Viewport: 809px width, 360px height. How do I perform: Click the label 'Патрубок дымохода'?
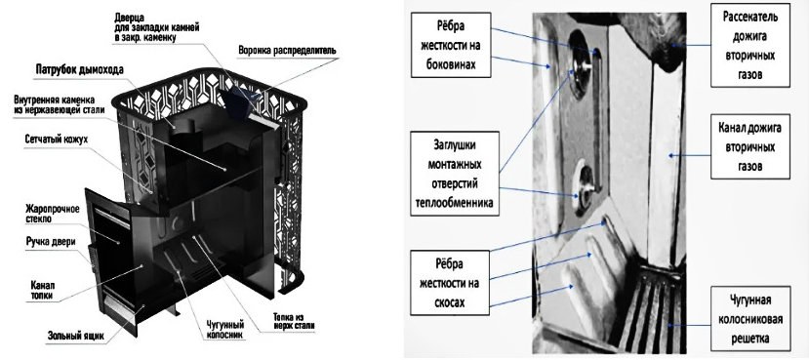click(79, 69)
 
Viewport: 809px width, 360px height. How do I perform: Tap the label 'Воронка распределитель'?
click(287, 51)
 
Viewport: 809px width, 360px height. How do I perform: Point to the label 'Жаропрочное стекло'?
click(53, 214)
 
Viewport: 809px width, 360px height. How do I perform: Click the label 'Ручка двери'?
click(51, 242)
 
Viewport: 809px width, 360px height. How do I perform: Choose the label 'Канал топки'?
click(42, 291)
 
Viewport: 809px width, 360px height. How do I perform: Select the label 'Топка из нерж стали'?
click(294, 322)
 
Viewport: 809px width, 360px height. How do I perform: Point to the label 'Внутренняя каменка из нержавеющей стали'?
click(60, 104)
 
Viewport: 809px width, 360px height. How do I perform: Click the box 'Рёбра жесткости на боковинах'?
click(451, 46)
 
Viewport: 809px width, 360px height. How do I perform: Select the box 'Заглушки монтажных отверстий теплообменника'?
click(455, 174)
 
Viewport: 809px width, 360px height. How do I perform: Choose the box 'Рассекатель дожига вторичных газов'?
click(750, 45)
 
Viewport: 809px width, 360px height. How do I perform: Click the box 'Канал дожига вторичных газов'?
click(750, 146)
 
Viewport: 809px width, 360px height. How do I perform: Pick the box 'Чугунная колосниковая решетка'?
click(750, 319)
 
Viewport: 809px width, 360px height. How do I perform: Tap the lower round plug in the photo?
click(586, 186)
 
